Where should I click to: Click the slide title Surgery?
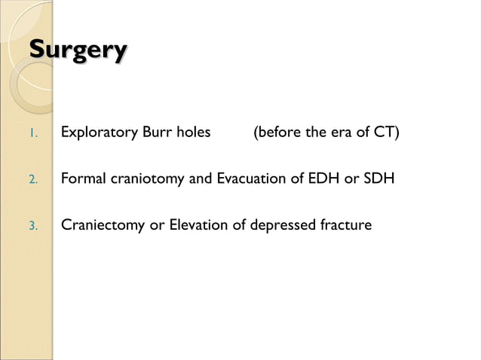[78, 51]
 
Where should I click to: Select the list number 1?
[32, 136]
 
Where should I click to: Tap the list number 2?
[32, 181]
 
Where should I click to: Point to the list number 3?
[32, 226]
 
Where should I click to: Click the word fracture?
[345, 225]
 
